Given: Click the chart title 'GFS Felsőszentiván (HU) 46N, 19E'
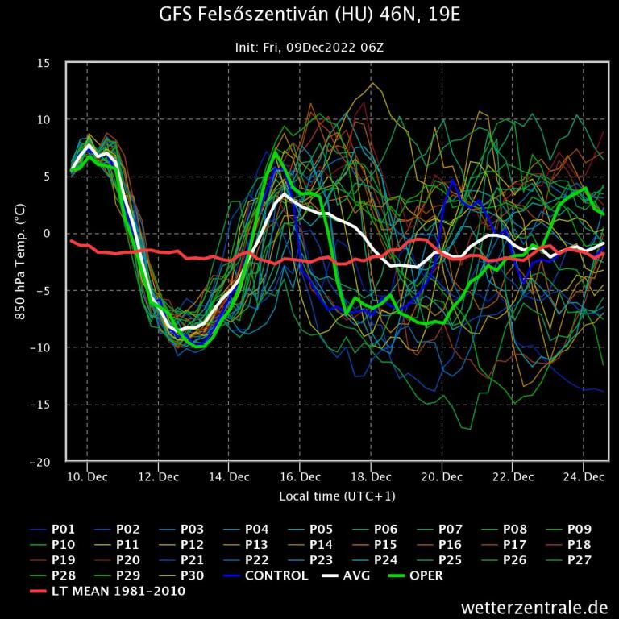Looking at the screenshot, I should pyautogui.click(x=309, y=16).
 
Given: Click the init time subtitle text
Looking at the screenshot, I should pyautogui.click(x=309, y=47).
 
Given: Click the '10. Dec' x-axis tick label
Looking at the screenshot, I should pyautogui.click(x=87, y=476).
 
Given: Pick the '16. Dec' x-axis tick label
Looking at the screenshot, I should pyautogui.click(x=300, y=476).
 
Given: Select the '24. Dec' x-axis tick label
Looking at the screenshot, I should pyautogui.click(x=584, y=476).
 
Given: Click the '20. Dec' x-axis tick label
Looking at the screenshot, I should pyautogui.click(x=442, y=476).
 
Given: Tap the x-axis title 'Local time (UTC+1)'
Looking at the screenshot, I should pyautogui.click(x=337, y=496).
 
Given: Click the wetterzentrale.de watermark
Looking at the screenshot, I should pyautogui.click(x=534, y=606).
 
